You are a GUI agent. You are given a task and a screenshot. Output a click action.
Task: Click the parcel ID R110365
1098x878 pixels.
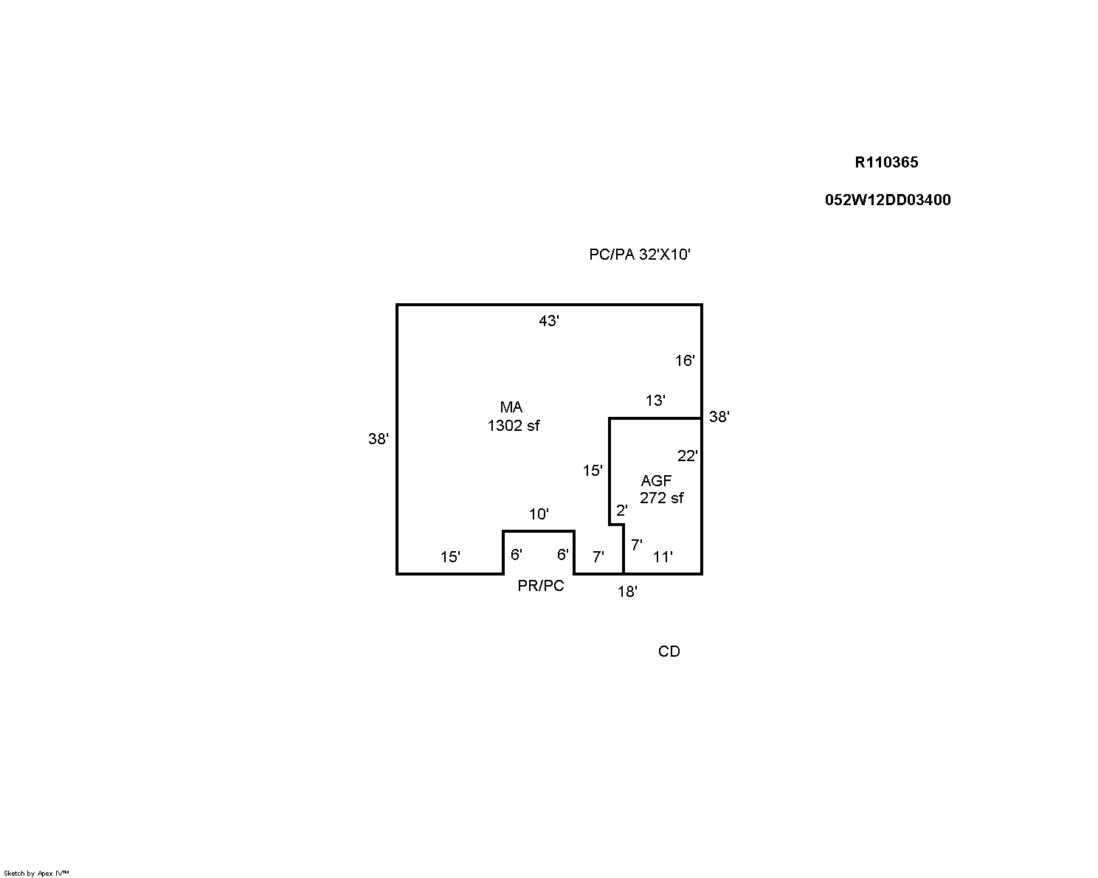click(886, 162)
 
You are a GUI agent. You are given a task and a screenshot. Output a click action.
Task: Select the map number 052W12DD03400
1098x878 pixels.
click(888, 199)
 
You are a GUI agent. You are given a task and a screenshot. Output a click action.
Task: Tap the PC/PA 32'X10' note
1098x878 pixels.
click(640, 254)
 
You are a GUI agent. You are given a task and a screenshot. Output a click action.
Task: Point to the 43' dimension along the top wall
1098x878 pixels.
click(549, 321)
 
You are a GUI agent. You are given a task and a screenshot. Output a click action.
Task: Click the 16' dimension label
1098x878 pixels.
click(685, 361)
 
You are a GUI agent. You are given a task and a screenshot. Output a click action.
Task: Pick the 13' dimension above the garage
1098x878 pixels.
click(655, 401)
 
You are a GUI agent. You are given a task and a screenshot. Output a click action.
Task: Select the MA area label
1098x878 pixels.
click(511, 407)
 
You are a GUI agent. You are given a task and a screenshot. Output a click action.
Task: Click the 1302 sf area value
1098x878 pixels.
click(514, 426)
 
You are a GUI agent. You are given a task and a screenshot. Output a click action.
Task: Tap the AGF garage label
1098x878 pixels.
click(656, 480)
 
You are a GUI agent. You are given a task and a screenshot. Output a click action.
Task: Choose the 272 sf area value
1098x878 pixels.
click(662, 497)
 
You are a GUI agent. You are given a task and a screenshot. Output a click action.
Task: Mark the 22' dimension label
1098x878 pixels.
click(687, 455)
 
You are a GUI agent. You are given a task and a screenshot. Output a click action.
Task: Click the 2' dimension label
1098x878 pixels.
click(621, 510)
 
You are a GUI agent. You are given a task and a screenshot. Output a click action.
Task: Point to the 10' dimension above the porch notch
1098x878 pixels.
click(539, 514)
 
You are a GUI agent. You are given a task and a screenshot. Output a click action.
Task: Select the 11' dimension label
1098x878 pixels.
click(663, 556)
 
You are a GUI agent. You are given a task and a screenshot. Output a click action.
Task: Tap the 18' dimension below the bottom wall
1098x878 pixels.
click(627, 591)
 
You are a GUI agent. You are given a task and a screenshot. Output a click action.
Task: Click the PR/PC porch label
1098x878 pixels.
click(541, 586)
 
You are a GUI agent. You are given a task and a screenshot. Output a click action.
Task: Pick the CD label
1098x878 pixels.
click(669, 651)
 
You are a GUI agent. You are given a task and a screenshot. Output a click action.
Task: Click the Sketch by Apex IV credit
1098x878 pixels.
click(36, 874)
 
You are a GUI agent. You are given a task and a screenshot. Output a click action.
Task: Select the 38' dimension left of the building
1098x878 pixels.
click(378, 439)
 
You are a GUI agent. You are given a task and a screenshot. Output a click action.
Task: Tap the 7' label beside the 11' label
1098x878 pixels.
click(636, 545)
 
